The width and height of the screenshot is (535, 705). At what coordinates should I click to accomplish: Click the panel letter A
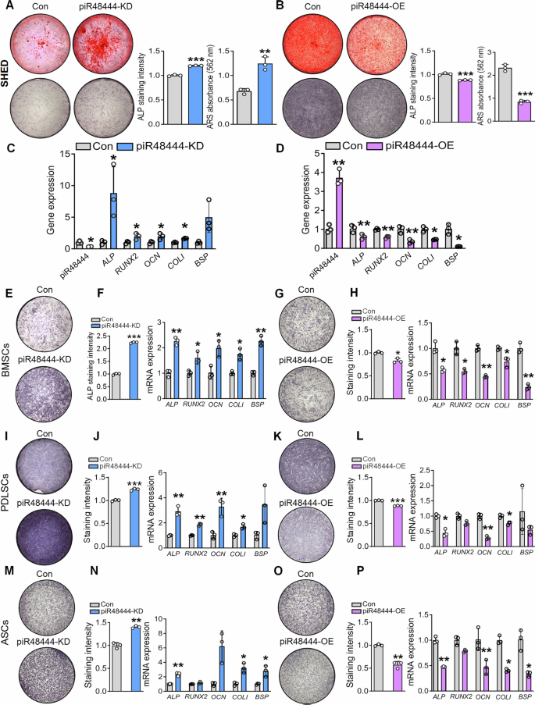[6, 7]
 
